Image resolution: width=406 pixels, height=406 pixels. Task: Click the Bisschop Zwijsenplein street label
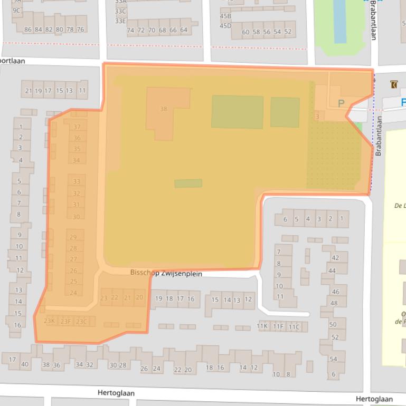pyautogui.click(x=166, y=273)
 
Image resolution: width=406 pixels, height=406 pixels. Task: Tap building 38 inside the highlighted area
pyautogui.click(x=164, y=109)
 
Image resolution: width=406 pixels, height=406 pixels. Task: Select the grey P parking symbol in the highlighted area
pyautogui.click(x=341, y=104)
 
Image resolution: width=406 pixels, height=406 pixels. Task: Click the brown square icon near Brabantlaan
pyautogui.click(x=393, y=84)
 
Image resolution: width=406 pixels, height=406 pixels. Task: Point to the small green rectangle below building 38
pyautogui.click(x=188, y=183)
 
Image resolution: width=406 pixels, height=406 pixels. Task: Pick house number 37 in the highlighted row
pyautogui.click(x=77, y=127)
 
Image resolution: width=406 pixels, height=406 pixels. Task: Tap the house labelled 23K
pyautogui.click(x=49, y=321)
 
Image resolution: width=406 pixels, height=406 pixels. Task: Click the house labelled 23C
pyautogui.click(x=81, y=321)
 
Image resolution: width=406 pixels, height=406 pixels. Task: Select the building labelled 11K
pyautogui.click(x=262, y=326)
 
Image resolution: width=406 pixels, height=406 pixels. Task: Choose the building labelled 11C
pyautogui.click(x=294, y=326)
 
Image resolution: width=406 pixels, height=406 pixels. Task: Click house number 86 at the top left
pyautogui.click(x=28, y=30)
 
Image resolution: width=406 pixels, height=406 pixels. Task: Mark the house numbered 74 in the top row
pyautogui.click(x=130, y=31)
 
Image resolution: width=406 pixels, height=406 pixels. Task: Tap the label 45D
pyautogui.click(x=225, y=26)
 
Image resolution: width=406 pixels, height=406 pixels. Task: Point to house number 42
pyautogui.click(x=335, y=258)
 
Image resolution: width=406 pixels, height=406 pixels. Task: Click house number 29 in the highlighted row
pyautogui.click(x=73, y=237)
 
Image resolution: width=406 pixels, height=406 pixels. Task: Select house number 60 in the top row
pyautogui.click(x=246, y=32)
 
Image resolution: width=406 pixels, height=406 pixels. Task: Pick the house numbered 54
pyautogui.click(x=334, y=359)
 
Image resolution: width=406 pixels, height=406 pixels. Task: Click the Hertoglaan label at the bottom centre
pyautogui.click(x=116, y=393)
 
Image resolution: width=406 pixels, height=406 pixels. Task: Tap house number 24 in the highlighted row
pyautogui.click(x=73, y=293)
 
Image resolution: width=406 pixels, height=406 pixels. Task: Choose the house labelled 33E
pyautogui.click(x=120, y=21)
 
